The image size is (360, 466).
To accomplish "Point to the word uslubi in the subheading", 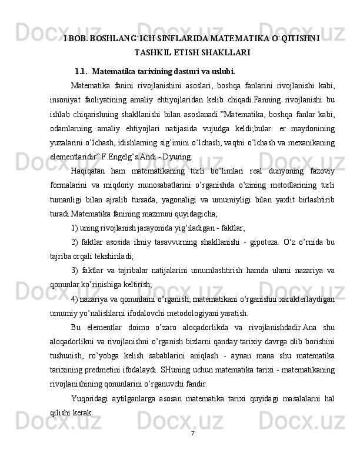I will (x=222, y=72).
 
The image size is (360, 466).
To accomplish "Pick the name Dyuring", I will (x=176, y=157).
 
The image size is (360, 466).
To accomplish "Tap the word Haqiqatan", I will (x=89, y=171).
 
